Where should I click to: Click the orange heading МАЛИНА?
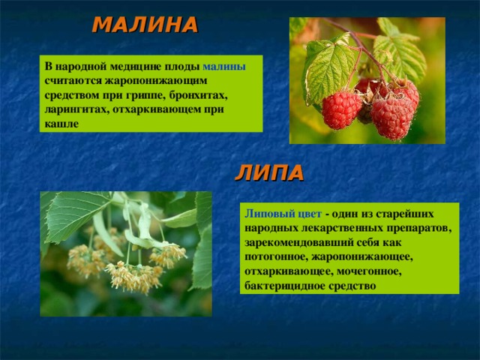(x=145, y=25)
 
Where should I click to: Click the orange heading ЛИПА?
(x=269, y=173)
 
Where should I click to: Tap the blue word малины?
(x=224, y=67)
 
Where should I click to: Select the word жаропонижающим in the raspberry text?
(x=157, y=81)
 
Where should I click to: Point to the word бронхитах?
(x=199, y=95)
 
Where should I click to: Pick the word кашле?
(x=61, y=124)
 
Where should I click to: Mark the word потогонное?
(x=276, y=257)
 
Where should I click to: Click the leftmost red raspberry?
(x=341, y=109)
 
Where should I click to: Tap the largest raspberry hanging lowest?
(x=391, y=118)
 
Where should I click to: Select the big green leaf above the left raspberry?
(x=328, y=71)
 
